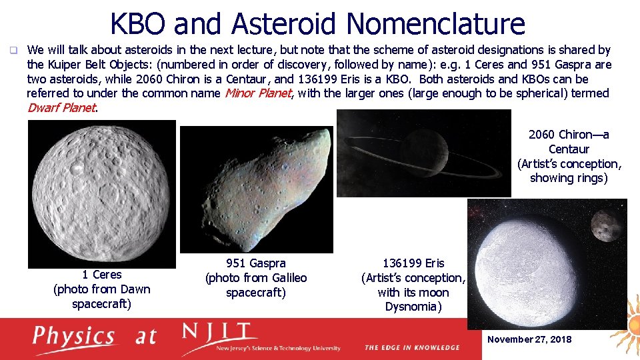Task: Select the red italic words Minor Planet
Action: [x=257, y=93]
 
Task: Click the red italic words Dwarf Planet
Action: [x=61, y=107]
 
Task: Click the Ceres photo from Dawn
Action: [x=101, y=193]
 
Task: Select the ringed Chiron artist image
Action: [x=423, y=153]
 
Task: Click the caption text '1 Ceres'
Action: [x=101, y=275]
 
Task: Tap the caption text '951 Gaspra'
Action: [x=256, y=263]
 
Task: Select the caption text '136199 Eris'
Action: [x=413, y=263]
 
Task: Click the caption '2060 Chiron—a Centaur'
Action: [x=569, y=142]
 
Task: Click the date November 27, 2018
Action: [x=529, y=339]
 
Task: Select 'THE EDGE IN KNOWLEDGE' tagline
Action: [x=412, y=347]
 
